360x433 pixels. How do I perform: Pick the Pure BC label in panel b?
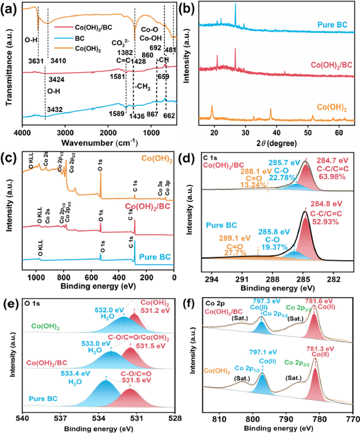point(329,24)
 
